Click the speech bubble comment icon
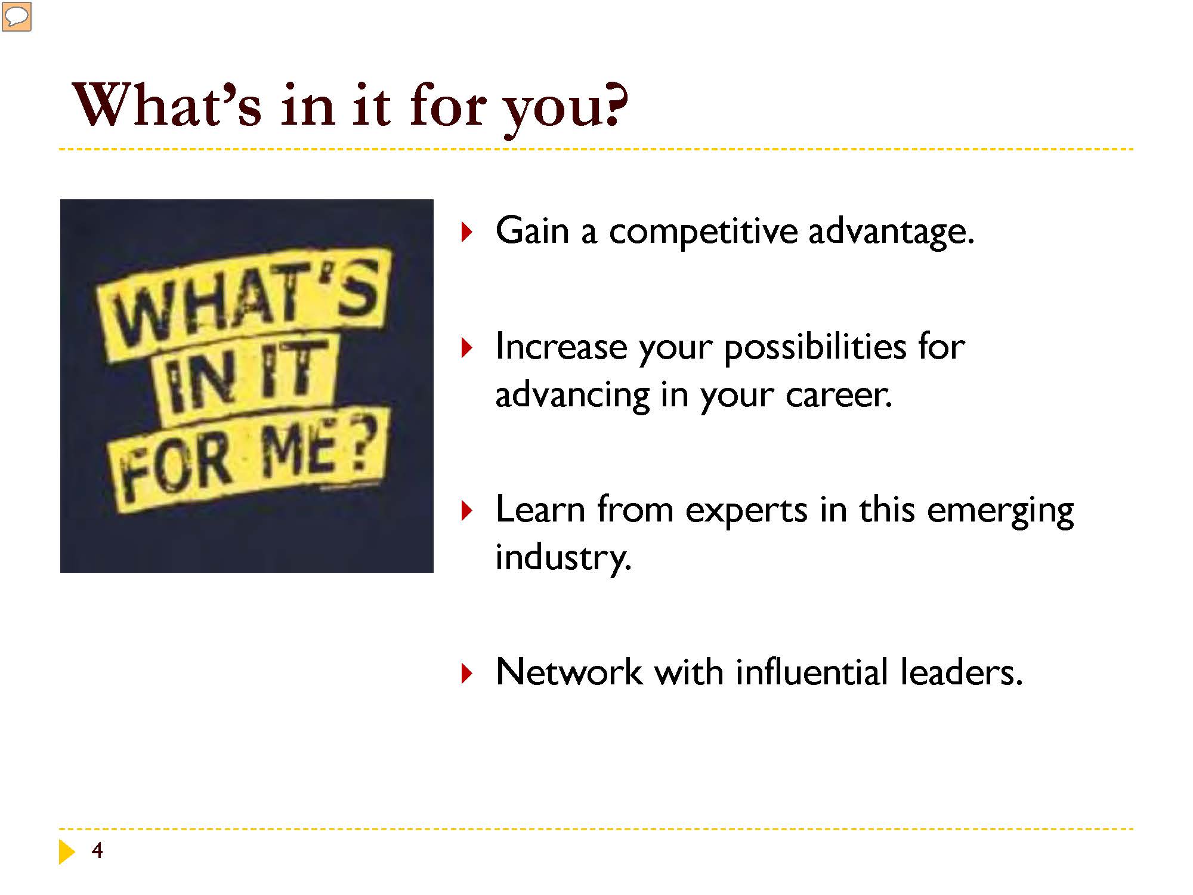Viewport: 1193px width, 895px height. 17,17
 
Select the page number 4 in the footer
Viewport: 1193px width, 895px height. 97,850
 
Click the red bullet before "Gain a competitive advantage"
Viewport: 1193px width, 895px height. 466,232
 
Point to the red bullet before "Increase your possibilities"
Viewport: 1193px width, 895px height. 466,348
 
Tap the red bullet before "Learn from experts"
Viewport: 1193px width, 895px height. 466,511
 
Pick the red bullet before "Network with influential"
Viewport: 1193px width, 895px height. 466,673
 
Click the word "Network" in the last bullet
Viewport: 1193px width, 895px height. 568,672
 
